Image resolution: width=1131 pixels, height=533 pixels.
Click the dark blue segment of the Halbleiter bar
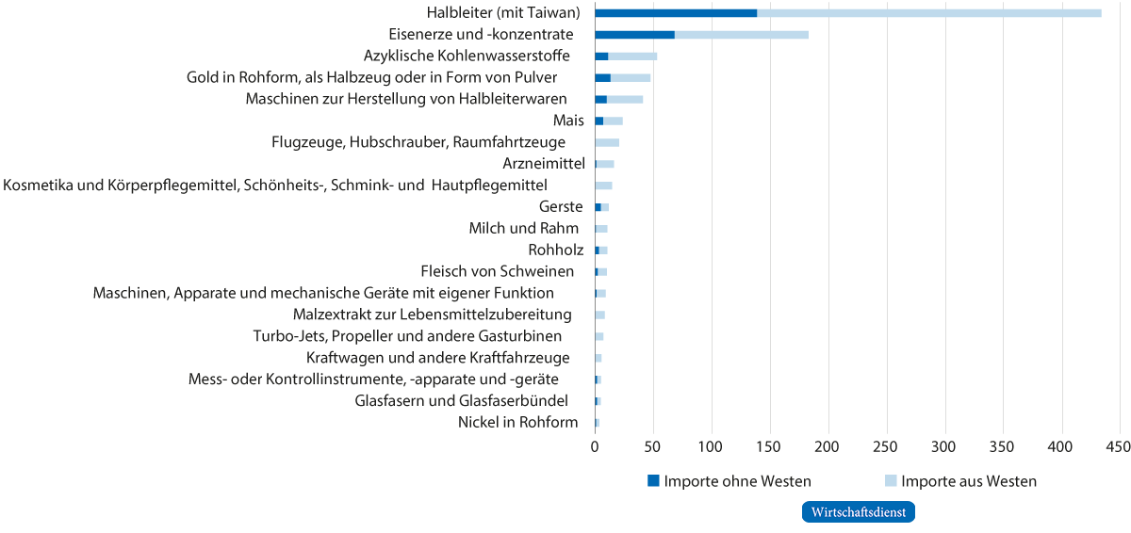coord(675,12)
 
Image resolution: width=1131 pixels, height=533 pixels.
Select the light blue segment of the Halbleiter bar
coord(928,12)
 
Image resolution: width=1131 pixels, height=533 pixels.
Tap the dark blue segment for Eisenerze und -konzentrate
coord(634,35)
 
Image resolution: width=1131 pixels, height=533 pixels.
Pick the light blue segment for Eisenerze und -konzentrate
coord(741,35)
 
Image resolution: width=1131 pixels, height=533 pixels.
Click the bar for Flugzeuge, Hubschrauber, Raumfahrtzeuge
coord(607,142)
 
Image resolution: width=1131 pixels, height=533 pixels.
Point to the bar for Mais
coord(609,121)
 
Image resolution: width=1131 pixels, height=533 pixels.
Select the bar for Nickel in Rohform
coord(597,423)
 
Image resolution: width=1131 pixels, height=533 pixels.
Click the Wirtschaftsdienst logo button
coord(858,512)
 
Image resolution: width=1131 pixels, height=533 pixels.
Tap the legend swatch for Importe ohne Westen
coord(653,481)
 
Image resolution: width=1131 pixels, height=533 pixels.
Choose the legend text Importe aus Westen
coord(969,481)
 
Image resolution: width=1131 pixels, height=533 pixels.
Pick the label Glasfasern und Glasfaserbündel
coord(461,401)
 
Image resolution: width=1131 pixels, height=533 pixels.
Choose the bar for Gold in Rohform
coord(622,77)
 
